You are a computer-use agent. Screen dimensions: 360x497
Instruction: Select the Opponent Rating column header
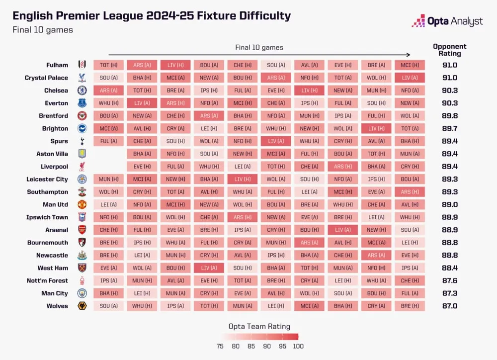coord(449,50)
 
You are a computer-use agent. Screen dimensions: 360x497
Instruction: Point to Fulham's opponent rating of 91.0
coord(449,65)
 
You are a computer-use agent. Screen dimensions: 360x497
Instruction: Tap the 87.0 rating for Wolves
coord(449,306)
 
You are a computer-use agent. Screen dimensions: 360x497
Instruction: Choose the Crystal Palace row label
coord(47,78)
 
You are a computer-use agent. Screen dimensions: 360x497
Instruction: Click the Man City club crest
coord(82,293)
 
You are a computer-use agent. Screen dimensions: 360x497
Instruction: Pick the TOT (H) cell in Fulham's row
coord(108,65)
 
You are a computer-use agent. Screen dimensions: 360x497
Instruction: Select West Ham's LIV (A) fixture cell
coord(209,268)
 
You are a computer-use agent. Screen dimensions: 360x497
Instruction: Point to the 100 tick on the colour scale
coord(298,346)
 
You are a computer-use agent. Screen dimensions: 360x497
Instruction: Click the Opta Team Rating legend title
coord(259,327)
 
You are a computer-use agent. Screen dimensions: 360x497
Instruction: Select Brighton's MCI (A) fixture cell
coord(108,128)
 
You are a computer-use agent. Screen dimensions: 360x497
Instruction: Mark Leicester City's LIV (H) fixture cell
coord(242,179)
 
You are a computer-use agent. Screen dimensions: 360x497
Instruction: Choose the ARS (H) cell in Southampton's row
coord(410,192)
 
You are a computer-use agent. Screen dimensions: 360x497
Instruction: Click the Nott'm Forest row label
coord(47,280)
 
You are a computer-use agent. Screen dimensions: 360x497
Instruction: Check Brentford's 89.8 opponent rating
coord(449,116)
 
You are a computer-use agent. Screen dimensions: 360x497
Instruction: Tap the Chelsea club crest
coord(82,90)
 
